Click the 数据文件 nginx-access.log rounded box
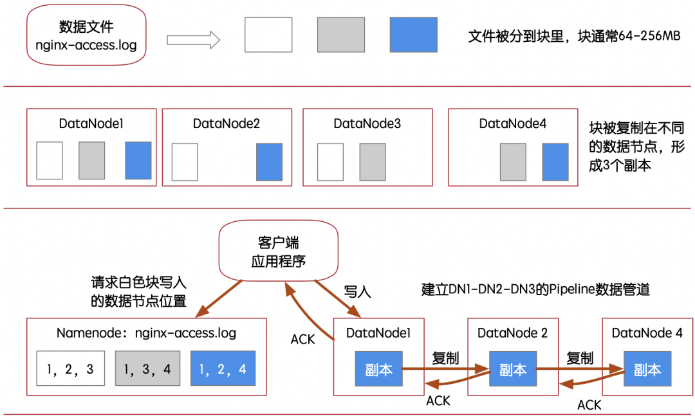pyautogui.click(x=86, y=35)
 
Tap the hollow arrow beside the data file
pyautogui.click(x=193, y=40)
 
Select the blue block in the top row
pyautogui.click(x=414, y=35)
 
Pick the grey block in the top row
pyautogui.click(x=341, y=35)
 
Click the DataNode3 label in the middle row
pyautogui.click(x=367, y=123)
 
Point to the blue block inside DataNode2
pyautogui.click(x=270, y=162)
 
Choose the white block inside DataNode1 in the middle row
pyautogui.click(x=49, y=160)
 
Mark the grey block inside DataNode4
pyautogui.click(x=514, y=162)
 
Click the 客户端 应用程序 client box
pyautogui.click(x=279, y=251)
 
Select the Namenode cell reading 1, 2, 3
pyautogui.click(x=71, y=368)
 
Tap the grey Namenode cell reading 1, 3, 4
pyautogui.click(x=147, y=368)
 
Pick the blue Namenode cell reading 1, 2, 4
pyautogui.click(x=223, y=368)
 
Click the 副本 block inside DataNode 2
pyautogui.click(x=513, y=369)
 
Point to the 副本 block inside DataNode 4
pyautogui.click(x=647, y=369)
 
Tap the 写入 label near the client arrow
pyautogui.click(x=357, y=292)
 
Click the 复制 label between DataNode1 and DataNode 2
pyautogui.click(x=445, y=358)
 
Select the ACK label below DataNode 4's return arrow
pyautogui.click(x=589, y=404)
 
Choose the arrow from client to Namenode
pyautogui.click(x=219, y=298)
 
